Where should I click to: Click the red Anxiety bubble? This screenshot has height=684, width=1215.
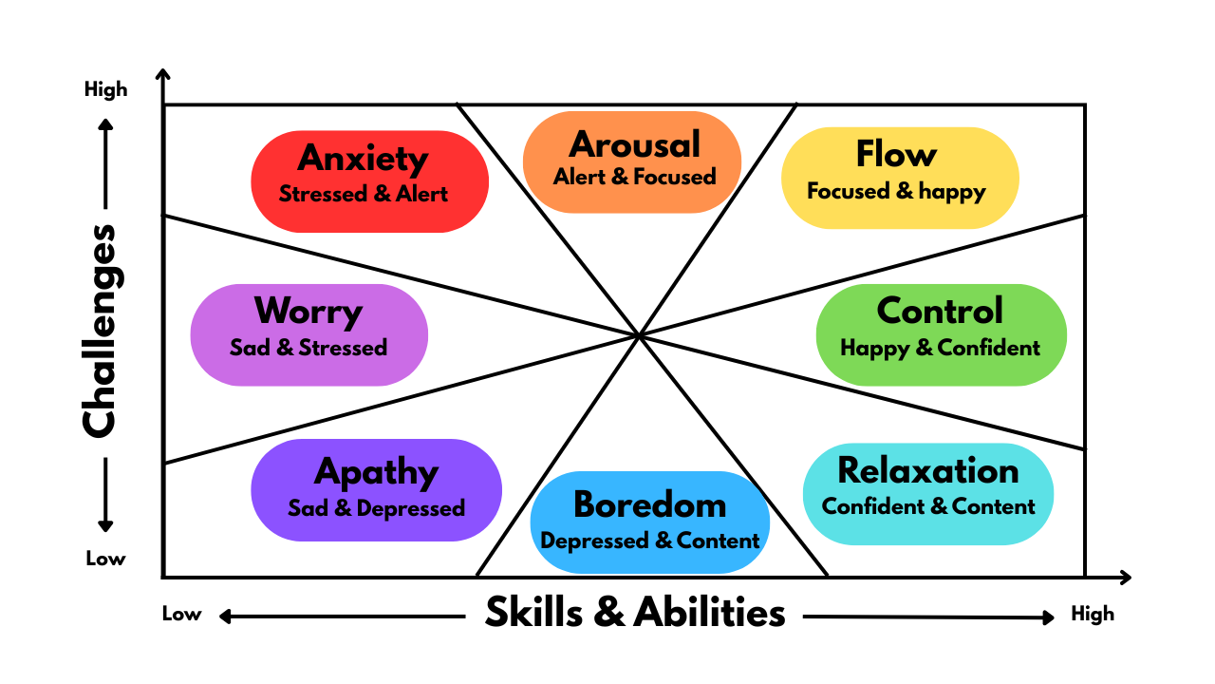pyautogui.click(x=369, y=180)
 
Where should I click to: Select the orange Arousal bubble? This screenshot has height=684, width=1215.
pyautogui.click(x=632, y=161)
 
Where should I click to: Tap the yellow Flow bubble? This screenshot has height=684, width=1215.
pyautogui.click(x=899, y=178)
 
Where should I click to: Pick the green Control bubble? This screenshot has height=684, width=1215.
pyautogui.click(x=941, y=334)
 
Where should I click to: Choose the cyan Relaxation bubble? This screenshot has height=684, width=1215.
pyautogui.click(x=928, y=493)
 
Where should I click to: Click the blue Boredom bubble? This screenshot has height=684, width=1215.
pyautogui.click(x=649, y=522)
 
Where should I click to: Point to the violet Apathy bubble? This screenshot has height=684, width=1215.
pyautogui.click(x=376, y=489)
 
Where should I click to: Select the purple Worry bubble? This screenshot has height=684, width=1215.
pyautogui.click(x=308, y=334)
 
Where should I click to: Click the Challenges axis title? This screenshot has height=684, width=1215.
pyautogui.click(x=99, y=331)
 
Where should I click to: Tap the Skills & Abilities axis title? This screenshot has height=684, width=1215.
pyautogui.click(x=635, y=613)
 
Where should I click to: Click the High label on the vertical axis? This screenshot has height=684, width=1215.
pyautogui.click(x=105, y=90)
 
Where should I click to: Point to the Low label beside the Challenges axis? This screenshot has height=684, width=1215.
pyautogui.click(x=105, y=559)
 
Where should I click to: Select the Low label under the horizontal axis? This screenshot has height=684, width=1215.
pyautogui.click(x=181, y=614)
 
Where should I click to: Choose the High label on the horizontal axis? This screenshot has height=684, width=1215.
pyautogui.click(x=1093, y=614)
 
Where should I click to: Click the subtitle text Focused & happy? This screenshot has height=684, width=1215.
pyautogui.click(x=896, y=192)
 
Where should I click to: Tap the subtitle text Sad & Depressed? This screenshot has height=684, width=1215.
pyautogui.click(x=376, y=508)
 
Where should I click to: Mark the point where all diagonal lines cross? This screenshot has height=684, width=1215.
pyautogui.click(x=640, y=334)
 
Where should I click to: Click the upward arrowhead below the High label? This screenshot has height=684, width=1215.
pyautogui.click(x=105, y=124)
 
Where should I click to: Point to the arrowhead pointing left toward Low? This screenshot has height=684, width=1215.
pyautogui.click(x=225, y=617)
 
